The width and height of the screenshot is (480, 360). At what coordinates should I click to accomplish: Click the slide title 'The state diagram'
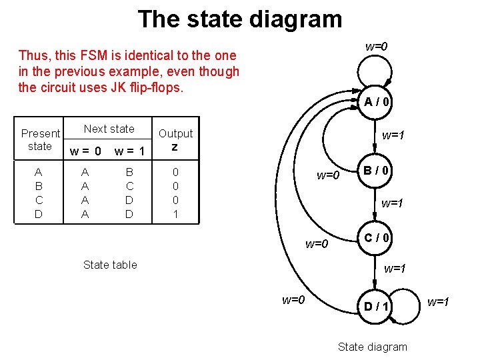(240, 19)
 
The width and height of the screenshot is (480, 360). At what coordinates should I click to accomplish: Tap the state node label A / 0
(377, 102)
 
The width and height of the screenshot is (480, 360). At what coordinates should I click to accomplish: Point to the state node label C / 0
(377, 237)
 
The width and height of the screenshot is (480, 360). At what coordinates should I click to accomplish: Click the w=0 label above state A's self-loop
(377, 47)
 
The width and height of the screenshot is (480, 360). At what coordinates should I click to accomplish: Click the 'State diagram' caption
(372, 346)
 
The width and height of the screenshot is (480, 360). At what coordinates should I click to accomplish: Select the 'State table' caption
(110, 265)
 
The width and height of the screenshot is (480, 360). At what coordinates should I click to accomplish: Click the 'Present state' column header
(40, 139)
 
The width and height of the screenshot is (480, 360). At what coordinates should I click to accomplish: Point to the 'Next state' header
(109, 129)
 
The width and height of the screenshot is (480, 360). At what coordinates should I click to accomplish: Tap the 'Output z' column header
(175, 139)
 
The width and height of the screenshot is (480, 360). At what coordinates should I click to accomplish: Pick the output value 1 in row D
(175, 214)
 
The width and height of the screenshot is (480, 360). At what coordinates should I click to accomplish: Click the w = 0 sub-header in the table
(85, 151)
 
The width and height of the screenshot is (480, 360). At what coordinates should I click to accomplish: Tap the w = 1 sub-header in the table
(129, 151)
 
